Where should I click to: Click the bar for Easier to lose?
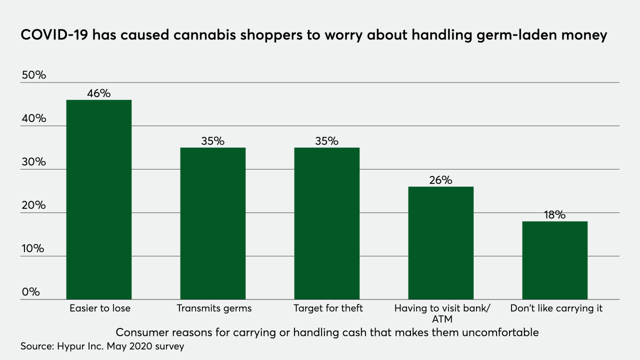pos(99,199)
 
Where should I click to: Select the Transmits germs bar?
pos(213,223)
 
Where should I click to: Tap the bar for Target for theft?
pos(327,223)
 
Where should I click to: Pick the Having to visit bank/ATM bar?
pos(441,243)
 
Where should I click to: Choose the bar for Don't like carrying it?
pos(555,260)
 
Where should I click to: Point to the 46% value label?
pos(98,93)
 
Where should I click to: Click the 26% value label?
pos(440,180)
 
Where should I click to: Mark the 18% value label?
pos(554,215)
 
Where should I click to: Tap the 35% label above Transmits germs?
pos(212,141)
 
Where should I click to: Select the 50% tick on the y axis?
pos(34,75)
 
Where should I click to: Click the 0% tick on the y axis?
pos(30,292)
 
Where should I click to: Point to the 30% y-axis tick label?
pos(34,162)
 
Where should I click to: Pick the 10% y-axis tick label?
pos(34,248)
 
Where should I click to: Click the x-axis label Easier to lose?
pos(99,308)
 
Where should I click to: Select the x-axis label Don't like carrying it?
pos(556,308)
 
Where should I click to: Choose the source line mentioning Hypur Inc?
pos(102,346)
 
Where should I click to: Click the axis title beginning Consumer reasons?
pos(327,332)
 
